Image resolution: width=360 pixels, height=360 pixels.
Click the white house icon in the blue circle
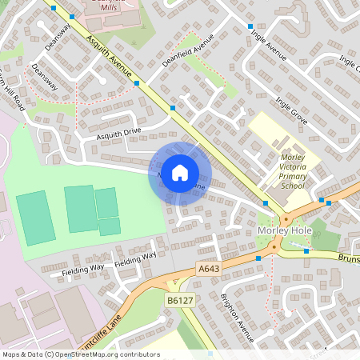click(x=180, y=172)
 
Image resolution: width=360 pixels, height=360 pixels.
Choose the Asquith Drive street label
click(x=118, y=134)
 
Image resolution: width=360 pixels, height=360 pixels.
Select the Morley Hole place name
click(x=283, y=231)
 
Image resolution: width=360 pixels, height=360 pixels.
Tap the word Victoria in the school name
click(x=300, y=166)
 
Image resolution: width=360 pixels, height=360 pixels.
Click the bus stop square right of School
click(x=322, y=201)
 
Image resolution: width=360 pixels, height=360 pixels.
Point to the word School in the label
click(x=293, y=186)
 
